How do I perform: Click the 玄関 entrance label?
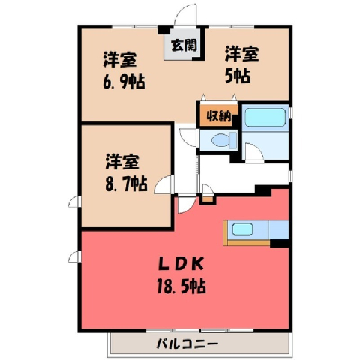(x=184, y=45)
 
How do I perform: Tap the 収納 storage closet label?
(x=219, y=115)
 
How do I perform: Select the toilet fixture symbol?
(x=224, y=140)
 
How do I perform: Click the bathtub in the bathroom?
(x=265, y=117)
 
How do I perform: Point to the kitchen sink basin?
(x=242, y=229)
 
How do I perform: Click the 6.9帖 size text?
(x=124, y=82)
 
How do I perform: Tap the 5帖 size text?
(x=238, y=76)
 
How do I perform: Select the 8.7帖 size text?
(x=126, y=184)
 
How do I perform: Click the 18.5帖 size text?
(x=181, y=286)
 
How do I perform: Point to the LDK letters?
(x=181, y=264)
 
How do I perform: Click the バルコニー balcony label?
(x=187, y=344)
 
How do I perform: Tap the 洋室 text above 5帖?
(x=241, y=53)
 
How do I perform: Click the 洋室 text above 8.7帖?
(x=122, y=162)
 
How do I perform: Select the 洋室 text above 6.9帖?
(x=120, y=59)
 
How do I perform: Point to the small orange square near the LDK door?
(x=208, y=199)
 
